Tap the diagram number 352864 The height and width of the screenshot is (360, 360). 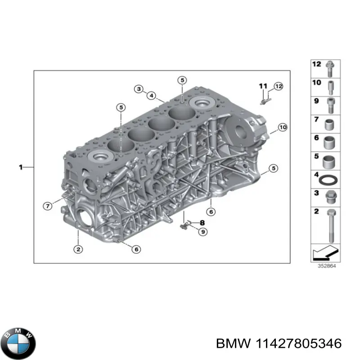pos(325,265)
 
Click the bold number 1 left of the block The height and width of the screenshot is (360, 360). pos(21,167)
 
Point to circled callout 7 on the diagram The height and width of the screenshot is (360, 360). pos(47,206)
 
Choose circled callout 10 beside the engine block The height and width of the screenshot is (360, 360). pos(282,128)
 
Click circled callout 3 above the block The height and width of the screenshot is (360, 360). pos(139,89)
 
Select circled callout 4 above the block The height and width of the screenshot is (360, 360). pos(152,95)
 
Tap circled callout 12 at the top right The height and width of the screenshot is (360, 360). pos(278,85)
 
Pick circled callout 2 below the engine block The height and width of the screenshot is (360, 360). pos(78,249)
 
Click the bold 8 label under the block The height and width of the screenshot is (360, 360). pos(202,222)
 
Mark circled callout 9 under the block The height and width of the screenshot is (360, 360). pos(203,232)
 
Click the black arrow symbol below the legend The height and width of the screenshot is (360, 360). pos(325,255)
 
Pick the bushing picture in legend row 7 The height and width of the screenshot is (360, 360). pos(331,123)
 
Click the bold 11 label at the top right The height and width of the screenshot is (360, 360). pos(263,85)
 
